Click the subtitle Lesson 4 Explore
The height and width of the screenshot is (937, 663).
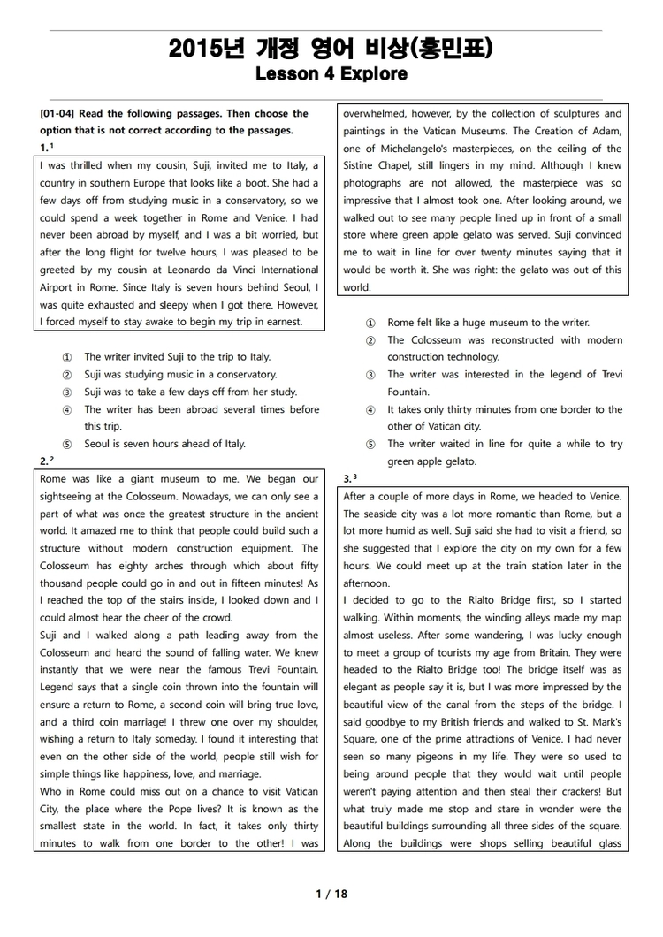(331, 74)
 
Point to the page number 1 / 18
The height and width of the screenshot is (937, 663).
(331, 894)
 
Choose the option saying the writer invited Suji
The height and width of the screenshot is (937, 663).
(177, 357)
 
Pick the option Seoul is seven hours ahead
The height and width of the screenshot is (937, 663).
(164, 444)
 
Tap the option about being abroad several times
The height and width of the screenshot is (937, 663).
(202, 409)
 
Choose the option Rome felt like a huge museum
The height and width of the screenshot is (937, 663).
(488, 323)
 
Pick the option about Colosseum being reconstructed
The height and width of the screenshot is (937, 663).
(505, 339)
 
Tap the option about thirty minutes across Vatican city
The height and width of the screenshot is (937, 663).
(505, 409)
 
